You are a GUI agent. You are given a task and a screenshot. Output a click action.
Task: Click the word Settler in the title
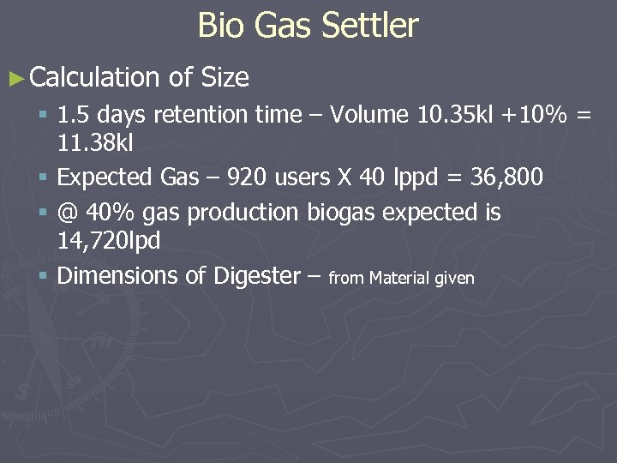coord(370,26)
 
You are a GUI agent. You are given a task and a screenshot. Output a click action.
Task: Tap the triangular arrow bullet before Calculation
coord(16,79)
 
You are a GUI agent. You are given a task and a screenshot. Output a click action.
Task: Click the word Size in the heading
coord(225,79)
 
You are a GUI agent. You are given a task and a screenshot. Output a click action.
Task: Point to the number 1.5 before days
coord(73,115)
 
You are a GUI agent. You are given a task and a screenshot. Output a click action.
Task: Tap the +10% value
coord(536,115)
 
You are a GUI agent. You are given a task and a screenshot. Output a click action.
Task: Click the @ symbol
coord(68,212)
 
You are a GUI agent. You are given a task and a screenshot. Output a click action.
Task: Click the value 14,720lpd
coord(109,241)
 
